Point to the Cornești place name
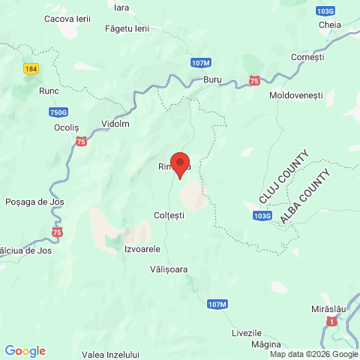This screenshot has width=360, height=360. [308, 56]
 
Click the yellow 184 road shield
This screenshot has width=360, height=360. [31, 68]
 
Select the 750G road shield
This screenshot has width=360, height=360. [58, 112]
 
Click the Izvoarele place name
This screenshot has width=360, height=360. [142, 249]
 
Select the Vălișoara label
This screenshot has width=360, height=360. [169, 268]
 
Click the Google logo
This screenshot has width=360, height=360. [25, 351]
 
